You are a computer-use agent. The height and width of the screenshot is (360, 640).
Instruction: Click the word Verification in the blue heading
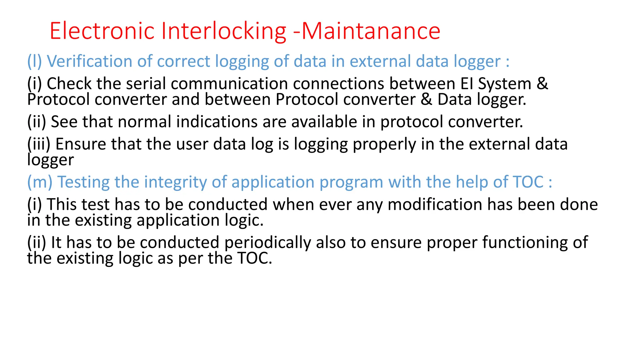click(x=89, y=61)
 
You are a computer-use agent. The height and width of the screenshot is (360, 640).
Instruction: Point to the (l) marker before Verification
click(x=34, y=61)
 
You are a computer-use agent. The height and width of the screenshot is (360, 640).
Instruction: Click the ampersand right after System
click(x=542, y=84)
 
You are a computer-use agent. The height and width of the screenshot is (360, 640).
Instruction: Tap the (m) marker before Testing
click(x=40, y=182)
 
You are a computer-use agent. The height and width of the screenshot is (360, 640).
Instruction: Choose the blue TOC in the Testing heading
click(x=528, y=182)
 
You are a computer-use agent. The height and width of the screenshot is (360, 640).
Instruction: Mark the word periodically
click(x=267, y=242)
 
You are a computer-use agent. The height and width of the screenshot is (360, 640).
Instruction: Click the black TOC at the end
click(x=253, y=258)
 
